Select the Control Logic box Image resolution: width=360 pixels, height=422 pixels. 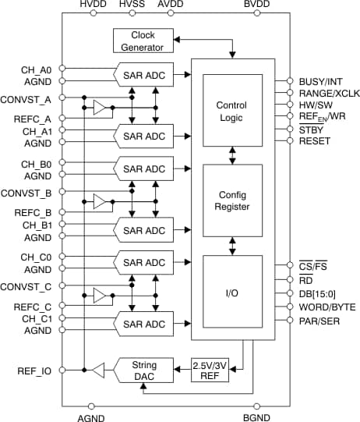coord(231,110)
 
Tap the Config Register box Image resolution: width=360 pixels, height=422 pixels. coord(231,200)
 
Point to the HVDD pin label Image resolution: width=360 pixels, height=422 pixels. coord(94,6)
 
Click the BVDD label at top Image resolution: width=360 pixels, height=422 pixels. coord(256,6)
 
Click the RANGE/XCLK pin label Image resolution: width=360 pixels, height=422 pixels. coord(325,93)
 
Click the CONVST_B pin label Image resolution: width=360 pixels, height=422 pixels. coord(27,191)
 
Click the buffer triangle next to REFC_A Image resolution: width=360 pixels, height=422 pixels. coord(99,108)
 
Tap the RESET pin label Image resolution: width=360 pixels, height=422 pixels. coord(313,141)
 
